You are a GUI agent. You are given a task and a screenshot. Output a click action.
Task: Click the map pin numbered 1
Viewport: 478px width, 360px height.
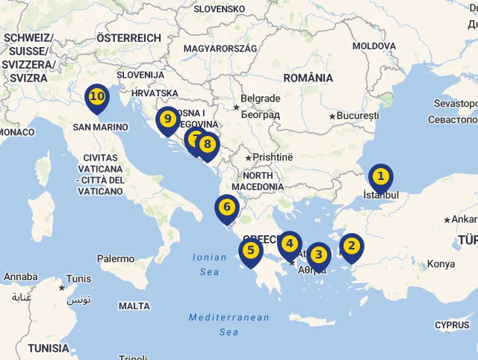click(x=381, y=177)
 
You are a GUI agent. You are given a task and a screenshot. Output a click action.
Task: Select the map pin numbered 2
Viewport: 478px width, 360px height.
click(x=351, y=246)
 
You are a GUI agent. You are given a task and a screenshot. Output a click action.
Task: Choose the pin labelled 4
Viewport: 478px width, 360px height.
click(x=290, y=244)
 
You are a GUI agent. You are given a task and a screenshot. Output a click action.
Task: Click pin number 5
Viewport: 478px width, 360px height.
click(x=251, y=251)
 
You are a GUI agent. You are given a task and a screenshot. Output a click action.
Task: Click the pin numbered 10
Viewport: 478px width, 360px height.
click(x=97, y=97)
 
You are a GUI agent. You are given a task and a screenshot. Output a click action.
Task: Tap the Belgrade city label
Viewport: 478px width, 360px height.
click(x=261, y=99)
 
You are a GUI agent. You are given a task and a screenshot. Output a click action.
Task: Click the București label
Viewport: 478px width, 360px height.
click(x=358, y=116)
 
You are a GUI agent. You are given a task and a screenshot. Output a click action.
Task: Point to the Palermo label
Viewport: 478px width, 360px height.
click(x=116, y=258)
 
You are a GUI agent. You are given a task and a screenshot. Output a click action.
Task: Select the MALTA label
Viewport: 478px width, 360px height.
click(x=134, y=305)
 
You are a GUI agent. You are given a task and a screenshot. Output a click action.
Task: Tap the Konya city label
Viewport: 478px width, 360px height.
click(x=441, y=264)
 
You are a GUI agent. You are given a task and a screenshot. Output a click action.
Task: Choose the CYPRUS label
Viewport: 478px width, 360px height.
click(x=452, y=325)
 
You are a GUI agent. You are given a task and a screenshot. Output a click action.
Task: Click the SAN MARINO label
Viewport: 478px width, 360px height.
click(x=101, y=127)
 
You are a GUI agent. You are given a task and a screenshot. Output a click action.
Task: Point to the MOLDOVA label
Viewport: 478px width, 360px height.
click(x=374, y=46)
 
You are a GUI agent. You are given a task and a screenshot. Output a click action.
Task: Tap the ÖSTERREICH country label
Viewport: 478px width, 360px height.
click(x=128, y=38)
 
